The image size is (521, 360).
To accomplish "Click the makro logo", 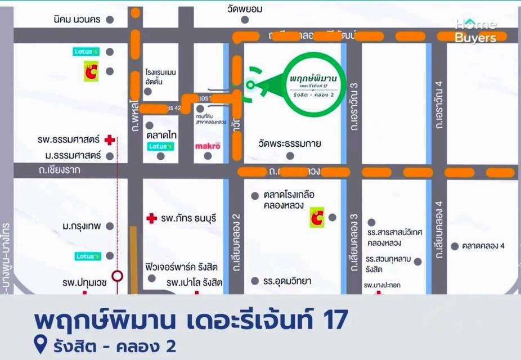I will tap(208, 146).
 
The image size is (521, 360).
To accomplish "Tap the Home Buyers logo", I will tap(475, 31).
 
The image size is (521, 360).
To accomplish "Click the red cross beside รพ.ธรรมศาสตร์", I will tap(110, 139).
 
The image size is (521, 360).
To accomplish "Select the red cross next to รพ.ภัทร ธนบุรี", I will tap(151, 218).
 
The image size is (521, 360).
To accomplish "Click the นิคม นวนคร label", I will tap(78, 20).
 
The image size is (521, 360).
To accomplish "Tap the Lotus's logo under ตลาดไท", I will tap(160, 146).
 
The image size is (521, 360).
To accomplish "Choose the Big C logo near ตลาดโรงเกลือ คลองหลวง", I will tap(317, 217).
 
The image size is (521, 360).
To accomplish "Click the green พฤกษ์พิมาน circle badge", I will tap(315, 84).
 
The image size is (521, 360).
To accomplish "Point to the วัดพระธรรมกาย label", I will tap(290, 143).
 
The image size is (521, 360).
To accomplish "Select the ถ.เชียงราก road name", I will tap(56, 169).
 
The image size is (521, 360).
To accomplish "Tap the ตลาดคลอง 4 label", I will tap(483, 246).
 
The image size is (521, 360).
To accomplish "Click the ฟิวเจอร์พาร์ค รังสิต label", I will tap(188, 267).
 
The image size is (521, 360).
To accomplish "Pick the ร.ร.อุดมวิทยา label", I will tap(288, 281).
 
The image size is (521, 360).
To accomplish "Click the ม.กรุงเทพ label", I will tap(82, 226).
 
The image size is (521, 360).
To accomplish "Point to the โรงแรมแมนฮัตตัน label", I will tap(161, 77).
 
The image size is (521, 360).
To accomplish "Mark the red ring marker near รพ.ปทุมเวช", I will tap(117, 276).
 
